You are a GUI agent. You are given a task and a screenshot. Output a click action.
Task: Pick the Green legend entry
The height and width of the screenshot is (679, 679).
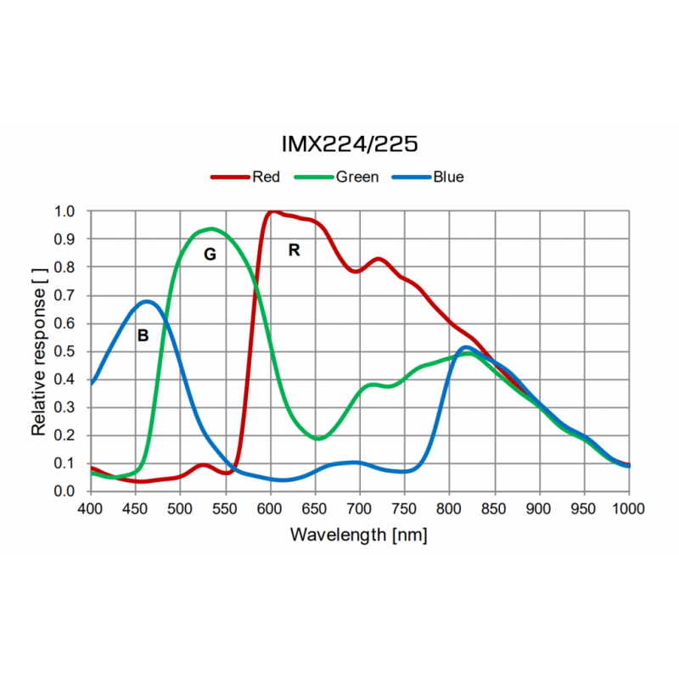pyautogui.click(x=356, y=177)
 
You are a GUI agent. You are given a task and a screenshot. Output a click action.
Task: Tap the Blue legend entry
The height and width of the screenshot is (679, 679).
pyautogui.click(x=447, y=177)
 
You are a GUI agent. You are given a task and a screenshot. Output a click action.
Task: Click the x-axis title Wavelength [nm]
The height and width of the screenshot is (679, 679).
pyautogui.click(x=358, y=535)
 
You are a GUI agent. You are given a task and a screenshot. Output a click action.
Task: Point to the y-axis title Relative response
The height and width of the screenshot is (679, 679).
pyautogui.click(x=39, y=351)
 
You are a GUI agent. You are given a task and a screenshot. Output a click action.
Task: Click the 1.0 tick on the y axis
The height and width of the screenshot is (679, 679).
pyautogui.click(x=65, y=211)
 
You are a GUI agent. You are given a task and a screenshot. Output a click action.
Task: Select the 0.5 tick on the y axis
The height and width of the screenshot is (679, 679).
pyautogui.click(x=65, y=351)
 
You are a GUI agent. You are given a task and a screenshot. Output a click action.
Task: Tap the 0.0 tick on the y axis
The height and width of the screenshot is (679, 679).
pyautogui.click(x=65, y=491)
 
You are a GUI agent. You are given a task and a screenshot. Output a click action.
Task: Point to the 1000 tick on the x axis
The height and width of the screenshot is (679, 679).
pyautogui.click(x=628, y=509)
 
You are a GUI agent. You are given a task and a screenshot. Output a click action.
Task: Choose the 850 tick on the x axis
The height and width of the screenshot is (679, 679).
pyautogui.click(x=495, y=509)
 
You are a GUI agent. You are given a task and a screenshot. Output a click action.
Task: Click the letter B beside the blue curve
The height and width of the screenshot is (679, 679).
pyautogui.click(x=143, y=336)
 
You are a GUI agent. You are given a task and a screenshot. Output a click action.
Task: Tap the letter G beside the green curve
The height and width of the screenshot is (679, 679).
pyautogui.click(x=210, y=254)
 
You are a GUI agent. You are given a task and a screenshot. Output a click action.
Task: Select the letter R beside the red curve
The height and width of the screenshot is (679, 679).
pyautogui.click(x=295, y=250)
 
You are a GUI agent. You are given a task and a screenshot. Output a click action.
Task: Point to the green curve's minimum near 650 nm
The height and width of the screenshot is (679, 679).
pyautogui.click(x=318, y=439)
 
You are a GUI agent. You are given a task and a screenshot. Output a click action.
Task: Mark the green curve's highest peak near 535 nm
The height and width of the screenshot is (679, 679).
pyautogui.click(x=210, y=229)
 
